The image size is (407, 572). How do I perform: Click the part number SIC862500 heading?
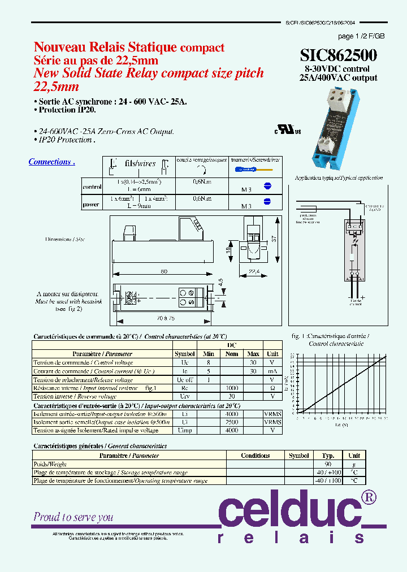click(339, 55)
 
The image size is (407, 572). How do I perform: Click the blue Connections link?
click(51, 162)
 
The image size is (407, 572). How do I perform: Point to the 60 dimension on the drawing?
click(163, 272)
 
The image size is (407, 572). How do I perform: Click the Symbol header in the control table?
click(184, 353)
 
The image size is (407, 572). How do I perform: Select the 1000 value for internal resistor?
click(232, 388)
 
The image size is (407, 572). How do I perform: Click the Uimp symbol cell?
click(184, 430)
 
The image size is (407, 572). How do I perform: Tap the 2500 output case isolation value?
click(232, 422)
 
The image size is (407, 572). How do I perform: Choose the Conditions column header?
click(255, 456)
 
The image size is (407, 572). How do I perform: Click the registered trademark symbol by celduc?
click(368, 497)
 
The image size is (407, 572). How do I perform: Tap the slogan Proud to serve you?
click(73, 517)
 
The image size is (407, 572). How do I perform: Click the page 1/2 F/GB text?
click(361, 36)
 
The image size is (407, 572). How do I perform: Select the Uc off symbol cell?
click(184, 380)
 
